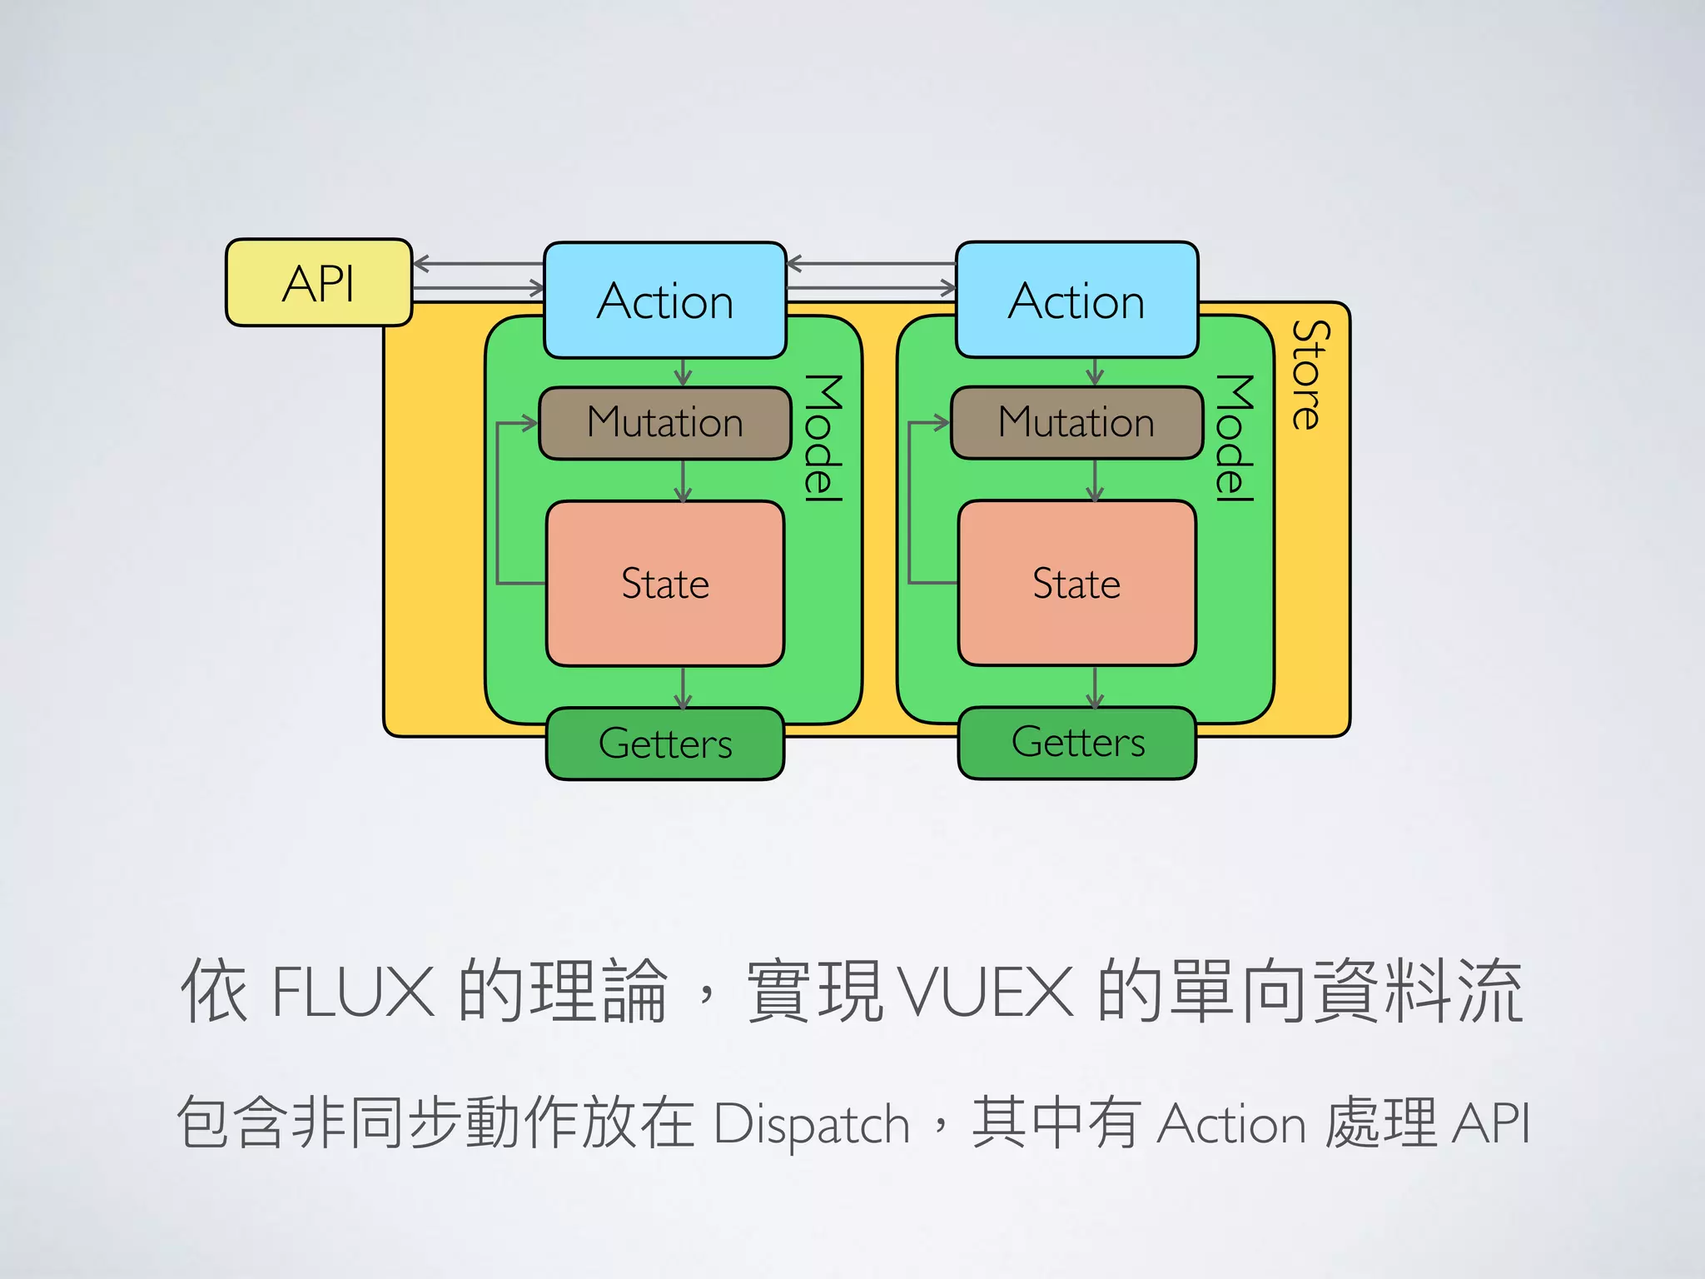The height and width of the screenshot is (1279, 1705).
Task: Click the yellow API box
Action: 319,283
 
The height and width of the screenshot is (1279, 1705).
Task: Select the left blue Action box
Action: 665,301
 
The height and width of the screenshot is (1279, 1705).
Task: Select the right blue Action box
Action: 1076,301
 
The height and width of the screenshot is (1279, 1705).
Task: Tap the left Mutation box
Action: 665,422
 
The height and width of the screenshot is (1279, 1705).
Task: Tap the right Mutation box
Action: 1076,422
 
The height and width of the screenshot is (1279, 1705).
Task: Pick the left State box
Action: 665,583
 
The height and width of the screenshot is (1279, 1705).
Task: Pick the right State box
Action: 1076,583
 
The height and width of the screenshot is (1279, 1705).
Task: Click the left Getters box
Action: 665,743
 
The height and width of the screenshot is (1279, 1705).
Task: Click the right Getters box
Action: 1077,742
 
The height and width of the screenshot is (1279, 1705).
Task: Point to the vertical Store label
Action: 1310,375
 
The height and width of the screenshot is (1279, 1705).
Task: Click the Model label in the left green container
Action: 823,438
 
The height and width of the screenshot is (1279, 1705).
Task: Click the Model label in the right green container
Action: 1234,438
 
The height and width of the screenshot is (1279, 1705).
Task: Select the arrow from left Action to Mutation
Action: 683,373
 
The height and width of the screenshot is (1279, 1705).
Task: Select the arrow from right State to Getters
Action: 1095,688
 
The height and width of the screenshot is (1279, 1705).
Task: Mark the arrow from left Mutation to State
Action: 683,481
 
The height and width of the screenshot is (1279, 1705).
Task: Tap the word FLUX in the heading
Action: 353,992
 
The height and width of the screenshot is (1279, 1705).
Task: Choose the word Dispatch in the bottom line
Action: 812,1124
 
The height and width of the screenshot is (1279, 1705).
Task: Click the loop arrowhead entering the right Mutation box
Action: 942,423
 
